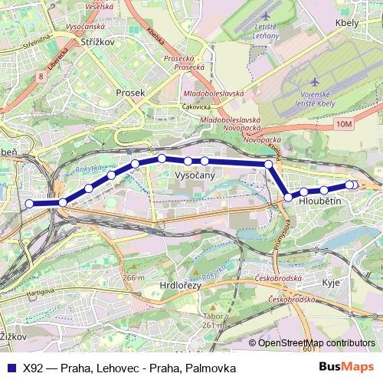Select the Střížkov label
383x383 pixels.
point(97,44)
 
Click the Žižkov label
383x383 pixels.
point(11,336)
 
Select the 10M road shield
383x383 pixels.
point(344,124)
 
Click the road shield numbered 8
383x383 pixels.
point(39,76)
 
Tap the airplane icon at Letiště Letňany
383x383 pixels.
point(265,16)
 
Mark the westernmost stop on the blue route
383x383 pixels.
point(30,204)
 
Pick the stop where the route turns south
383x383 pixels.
point(269,165)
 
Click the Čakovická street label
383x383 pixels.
point(196,108)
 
